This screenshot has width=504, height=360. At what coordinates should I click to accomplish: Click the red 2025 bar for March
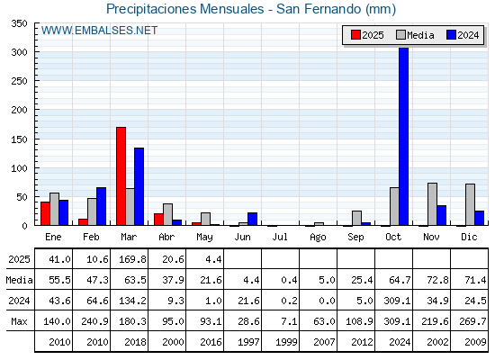coord(121,176)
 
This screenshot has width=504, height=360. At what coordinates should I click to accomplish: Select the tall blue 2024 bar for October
coord(404,136)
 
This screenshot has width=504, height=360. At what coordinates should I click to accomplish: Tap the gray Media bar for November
coord(432,204)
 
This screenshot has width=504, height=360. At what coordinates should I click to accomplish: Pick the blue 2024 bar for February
coord(101,206)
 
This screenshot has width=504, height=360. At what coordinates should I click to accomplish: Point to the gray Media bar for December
coord(470,204)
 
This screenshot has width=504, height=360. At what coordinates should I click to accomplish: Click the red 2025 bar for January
coord(45,213)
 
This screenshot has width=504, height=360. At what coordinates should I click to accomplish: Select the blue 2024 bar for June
coord(252,219)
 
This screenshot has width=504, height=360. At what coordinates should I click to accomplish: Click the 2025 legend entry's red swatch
coord(355,35)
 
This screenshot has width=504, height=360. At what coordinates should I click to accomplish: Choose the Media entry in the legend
coord(416,35)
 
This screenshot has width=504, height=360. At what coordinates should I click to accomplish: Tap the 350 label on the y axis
coord(19,23)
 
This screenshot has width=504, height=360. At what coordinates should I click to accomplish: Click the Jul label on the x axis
coord(280,237)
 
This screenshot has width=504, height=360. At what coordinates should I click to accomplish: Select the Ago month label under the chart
coord(318,238)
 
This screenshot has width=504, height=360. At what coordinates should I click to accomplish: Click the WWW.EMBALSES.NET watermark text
coord(99,31)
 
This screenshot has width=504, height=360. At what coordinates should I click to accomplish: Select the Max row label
coord(19,321)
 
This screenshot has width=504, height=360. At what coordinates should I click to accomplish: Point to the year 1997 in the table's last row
coord(248,342)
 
